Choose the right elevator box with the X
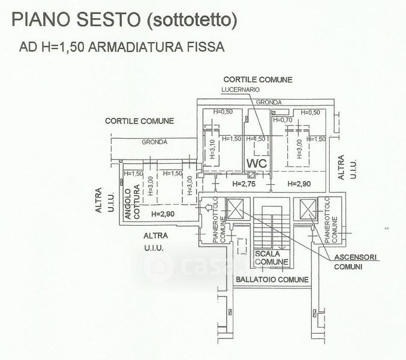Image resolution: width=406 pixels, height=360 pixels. (306, 209)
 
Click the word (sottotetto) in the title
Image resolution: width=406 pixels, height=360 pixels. (193, 21)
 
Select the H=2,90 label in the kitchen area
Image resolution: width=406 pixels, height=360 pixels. (163, 214)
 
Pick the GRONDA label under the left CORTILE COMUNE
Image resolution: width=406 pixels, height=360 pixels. (154, 142)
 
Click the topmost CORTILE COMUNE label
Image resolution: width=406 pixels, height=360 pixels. (258, 79)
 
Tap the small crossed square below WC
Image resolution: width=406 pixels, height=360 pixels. (252, 175)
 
